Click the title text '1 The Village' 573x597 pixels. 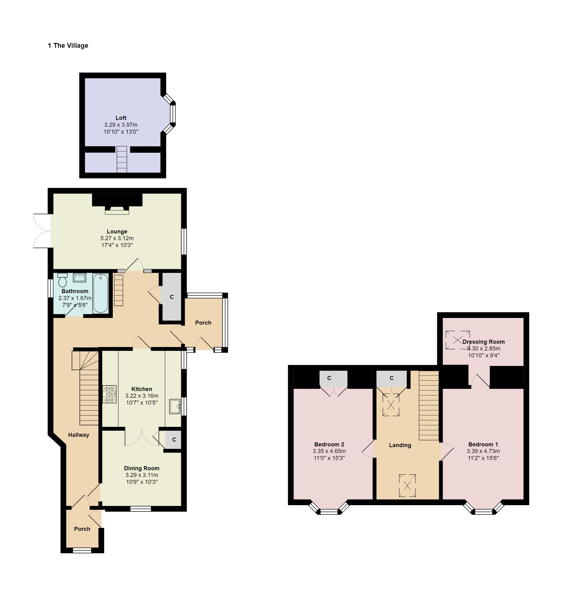point(68,46)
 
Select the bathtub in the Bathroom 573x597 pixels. point(100,293)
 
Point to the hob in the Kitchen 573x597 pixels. point(109,394)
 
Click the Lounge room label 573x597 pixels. point(117,232)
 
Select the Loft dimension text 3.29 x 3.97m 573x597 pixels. point(121,125)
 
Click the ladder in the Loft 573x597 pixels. point(122,159)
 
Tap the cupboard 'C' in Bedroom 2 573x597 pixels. point(334,378)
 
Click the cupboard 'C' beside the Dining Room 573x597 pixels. point(174,439)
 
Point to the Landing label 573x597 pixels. point(400,445)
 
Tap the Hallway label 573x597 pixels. point(78,435)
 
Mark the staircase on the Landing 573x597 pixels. point(429,405)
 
